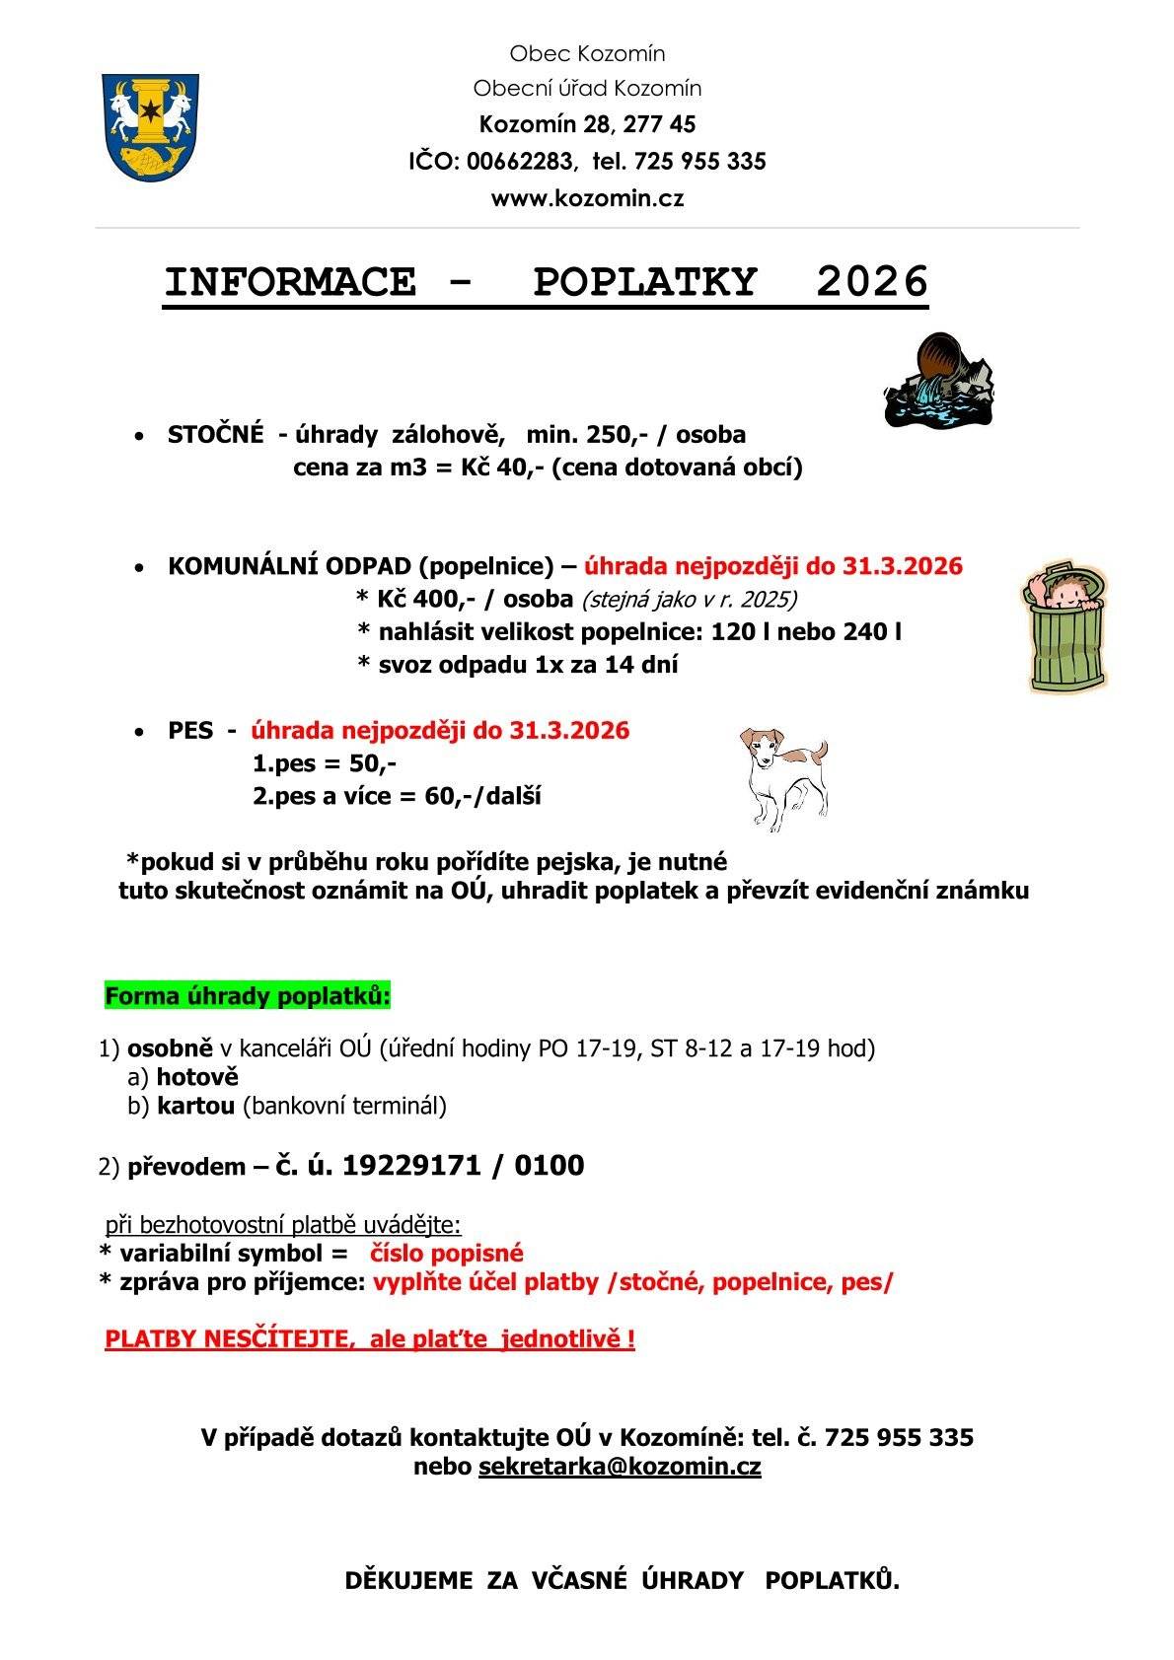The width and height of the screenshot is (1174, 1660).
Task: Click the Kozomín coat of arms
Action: (151, 127)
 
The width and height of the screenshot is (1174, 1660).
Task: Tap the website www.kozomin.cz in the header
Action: (587, 198)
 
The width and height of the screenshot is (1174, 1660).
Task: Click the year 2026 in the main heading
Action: (872, 283)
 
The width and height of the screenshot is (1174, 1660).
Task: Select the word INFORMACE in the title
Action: (290, 283)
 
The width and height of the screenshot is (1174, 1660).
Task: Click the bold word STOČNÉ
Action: (215, 435)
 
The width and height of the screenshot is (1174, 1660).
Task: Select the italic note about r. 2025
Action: (689, 600)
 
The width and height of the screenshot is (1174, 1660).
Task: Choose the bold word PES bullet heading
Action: (190, 731)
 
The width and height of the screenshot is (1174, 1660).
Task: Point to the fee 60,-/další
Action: (482, 796)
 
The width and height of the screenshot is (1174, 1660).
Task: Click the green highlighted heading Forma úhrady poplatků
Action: (248, 996)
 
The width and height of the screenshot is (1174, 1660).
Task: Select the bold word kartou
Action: (195, 1106)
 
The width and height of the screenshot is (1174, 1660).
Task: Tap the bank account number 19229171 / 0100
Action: (463, 1166)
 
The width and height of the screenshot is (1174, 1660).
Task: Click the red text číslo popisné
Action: (446, 1254)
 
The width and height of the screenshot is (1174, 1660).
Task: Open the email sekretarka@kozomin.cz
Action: (620, 1466)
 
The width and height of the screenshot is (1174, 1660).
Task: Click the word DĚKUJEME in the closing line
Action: (408, 1580)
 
